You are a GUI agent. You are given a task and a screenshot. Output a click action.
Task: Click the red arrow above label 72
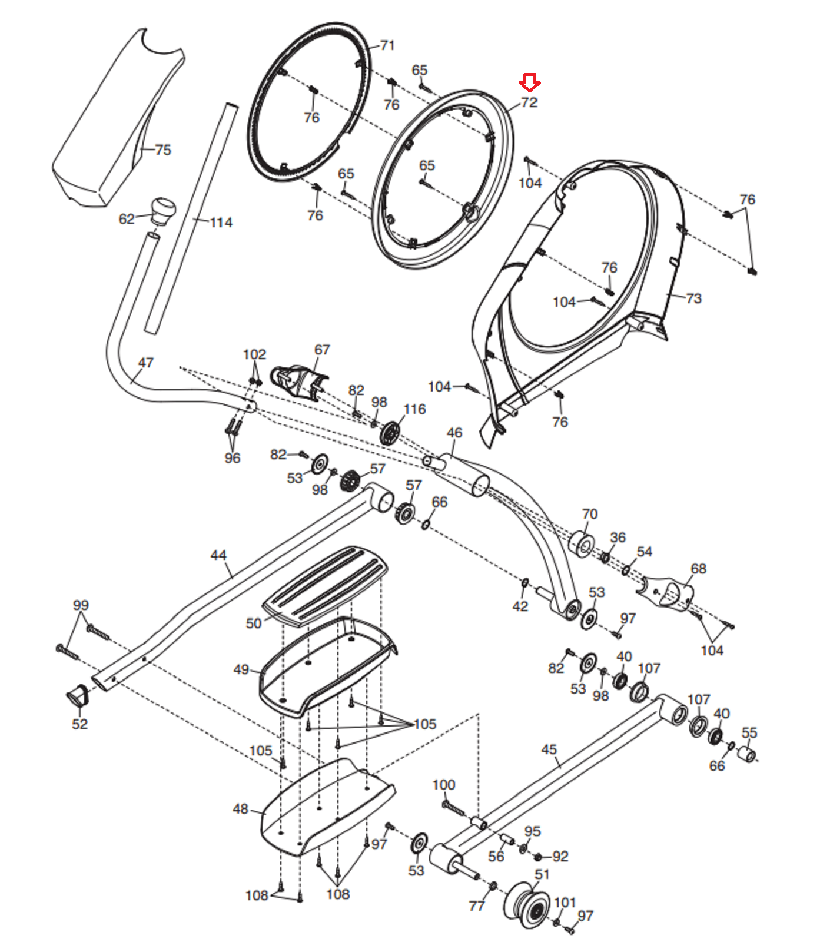pos(530,82)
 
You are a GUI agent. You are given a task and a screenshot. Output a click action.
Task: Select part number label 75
pos(163,150)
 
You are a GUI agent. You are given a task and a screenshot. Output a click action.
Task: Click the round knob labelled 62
pos(163,211)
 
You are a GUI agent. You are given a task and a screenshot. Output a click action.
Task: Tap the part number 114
pos(221,223)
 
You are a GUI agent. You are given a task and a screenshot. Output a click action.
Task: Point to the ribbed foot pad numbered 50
pos(325,584)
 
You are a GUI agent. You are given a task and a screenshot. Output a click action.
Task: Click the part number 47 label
pos(145,362)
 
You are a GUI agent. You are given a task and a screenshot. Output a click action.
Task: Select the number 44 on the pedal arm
pos(218,555)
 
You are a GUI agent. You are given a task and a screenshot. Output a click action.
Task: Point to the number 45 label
pos(549,749)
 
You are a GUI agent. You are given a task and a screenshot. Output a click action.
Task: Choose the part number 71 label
pos(387,45)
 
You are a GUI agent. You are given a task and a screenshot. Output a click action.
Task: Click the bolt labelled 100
pos(453,807)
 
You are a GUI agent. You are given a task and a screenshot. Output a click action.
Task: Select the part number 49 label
pos(241,669)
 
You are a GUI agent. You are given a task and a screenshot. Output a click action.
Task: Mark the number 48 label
pos(240,809)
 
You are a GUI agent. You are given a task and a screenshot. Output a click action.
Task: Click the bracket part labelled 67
pos(298,381)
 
